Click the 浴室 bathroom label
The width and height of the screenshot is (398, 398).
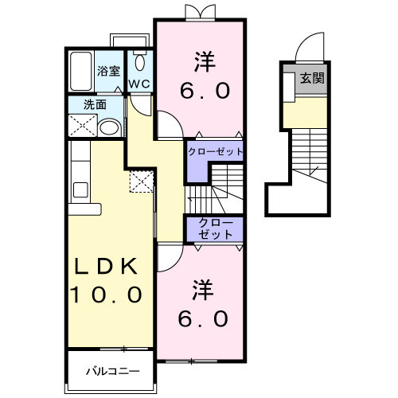[x=108, y=71]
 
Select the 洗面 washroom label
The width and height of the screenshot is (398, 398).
[x=95, y=104]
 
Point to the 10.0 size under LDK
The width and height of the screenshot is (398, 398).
[x=107, y=295]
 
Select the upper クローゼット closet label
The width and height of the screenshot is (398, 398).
[x=215, y=150]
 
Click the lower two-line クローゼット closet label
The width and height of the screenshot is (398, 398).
[x=215, y=228]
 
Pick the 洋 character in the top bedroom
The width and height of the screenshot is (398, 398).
[x=204, y=60]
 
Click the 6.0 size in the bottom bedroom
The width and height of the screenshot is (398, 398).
[x=203, y=319]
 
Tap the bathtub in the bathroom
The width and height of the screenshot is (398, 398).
[x=80, y=72]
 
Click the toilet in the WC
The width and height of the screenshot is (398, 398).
[x=140, y=63]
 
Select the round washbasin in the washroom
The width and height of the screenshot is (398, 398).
[x=111, y=127]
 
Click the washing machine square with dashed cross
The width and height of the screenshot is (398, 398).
[x=80, y=125]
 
